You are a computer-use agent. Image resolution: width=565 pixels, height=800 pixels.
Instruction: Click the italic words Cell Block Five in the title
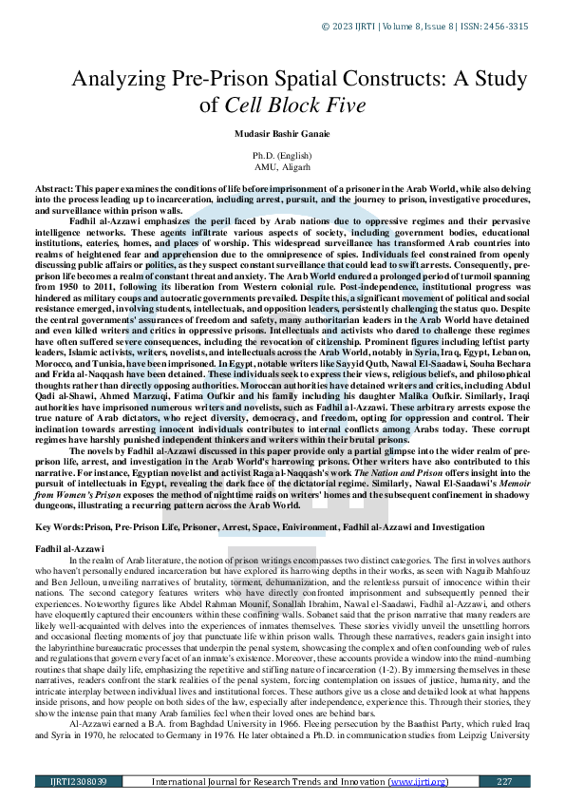(293, 105)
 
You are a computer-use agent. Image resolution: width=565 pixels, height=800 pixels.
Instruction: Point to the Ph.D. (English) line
(282, 154)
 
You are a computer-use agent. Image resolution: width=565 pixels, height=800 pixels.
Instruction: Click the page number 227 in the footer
(504, 781)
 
